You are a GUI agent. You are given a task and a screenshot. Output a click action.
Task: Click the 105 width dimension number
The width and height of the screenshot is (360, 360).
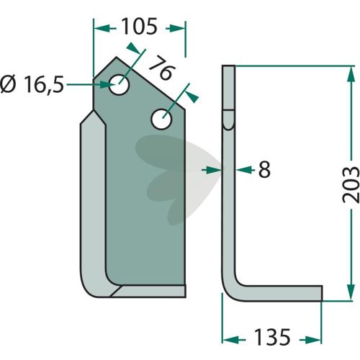[139, 26]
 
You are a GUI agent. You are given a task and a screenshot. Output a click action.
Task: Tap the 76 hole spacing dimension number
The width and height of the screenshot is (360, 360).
[161, 68]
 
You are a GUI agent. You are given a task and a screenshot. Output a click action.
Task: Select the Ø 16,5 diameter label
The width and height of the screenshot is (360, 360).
[32, 84]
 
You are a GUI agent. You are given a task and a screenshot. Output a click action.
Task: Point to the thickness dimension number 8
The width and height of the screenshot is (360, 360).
[264, 169]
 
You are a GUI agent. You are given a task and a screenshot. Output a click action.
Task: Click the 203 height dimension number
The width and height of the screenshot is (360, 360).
[351, 184]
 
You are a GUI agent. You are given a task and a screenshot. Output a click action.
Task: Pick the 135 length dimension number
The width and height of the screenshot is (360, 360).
[272, 337]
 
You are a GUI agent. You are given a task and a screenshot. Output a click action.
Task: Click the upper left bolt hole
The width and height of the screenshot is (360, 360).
[120, 84]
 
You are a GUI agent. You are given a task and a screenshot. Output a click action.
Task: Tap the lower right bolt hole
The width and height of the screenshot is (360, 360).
[161, 119]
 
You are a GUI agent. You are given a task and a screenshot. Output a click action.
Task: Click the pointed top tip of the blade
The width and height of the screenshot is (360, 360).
[117, 57]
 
